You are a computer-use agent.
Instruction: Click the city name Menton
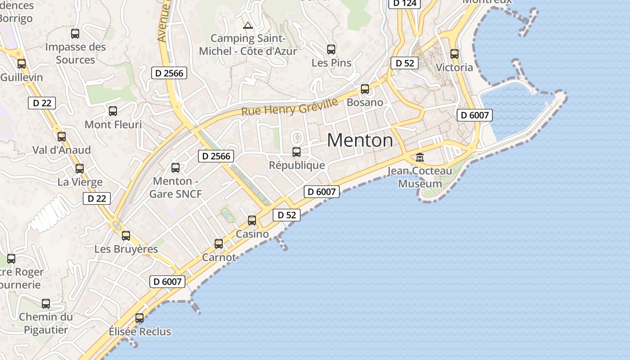pyautogui.click(x=360, y=140)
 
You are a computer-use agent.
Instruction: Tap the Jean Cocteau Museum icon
pyautogui.click(x=420, y=157)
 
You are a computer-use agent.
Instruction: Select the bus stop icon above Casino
pyautogui.click(x=252, y=220)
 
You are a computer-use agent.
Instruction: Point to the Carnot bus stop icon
pyautogui.click(x=219, y=244)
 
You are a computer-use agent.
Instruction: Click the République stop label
pyautogui.click(x=297, y=165)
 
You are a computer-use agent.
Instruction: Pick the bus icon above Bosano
pyautogui.click(x=365, y=89)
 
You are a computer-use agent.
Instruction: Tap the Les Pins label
pyautogui.click(x=332, y=63)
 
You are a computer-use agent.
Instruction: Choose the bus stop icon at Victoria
pyautogui.click(x=454, y=54)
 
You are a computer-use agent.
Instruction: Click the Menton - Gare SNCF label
pyautogui.click(x=175, y=187)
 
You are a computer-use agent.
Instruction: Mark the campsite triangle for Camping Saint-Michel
pyautogui.click(x=247, y=25)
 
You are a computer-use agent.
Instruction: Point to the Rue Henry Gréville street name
pyautogui.click(x=289, y=107)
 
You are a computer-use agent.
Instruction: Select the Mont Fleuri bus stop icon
pyautogui.click(x=113, y=111)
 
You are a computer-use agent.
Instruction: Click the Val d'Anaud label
pyautogui.click(x=62, y=150)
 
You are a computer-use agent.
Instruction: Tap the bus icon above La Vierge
pyautogui.click(x=80, y=169)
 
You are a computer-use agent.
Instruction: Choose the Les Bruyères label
pyautogui.click(x=126, y=249)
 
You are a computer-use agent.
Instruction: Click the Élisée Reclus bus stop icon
pyautogui.click(x=139, y=318)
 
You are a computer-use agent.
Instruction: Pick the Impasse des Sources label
pyautogui.click(x=76, y=53)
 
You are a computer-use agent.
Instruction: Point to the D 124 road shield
pyautogui.click(x=405, y=3)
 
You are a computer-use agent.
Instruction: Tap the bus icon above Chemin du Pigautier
pyautogui.click(x=46, y=304)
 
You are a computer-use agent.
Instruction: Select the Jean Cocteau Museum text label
pyautogui.click(x=420, y=177)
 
